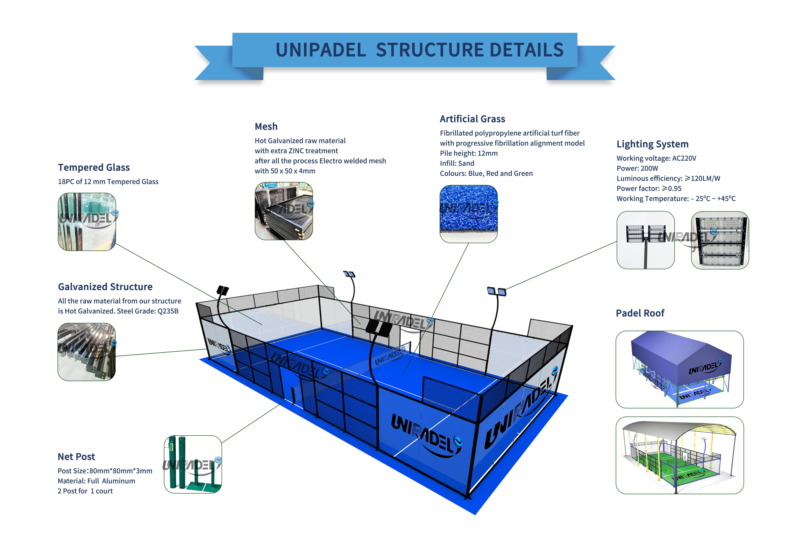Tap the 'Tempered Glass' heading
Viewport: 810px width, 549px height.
click(94, 168)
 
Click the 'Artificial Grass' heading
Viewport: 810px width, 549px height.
click(472, 119)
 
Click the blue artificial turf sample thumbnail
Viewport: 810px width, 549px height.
click(468, 214)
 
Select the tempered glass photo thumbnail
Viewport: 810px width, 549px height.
click(87, 222)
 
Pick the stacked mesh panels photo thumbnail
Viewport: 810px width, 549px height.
click(284, 211)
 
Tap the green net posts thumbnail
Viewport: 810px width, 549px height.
click(193, 464)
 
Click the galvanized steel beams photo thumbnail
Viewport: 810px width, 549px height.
click(86, 352)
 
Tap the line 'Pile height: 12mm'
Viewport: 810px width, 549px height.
click(468, 153)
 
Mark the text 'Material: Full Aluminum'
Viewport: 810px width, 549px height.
click(96, 481)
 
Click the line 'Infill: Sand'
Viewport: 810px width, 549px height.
click(457, 163)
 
